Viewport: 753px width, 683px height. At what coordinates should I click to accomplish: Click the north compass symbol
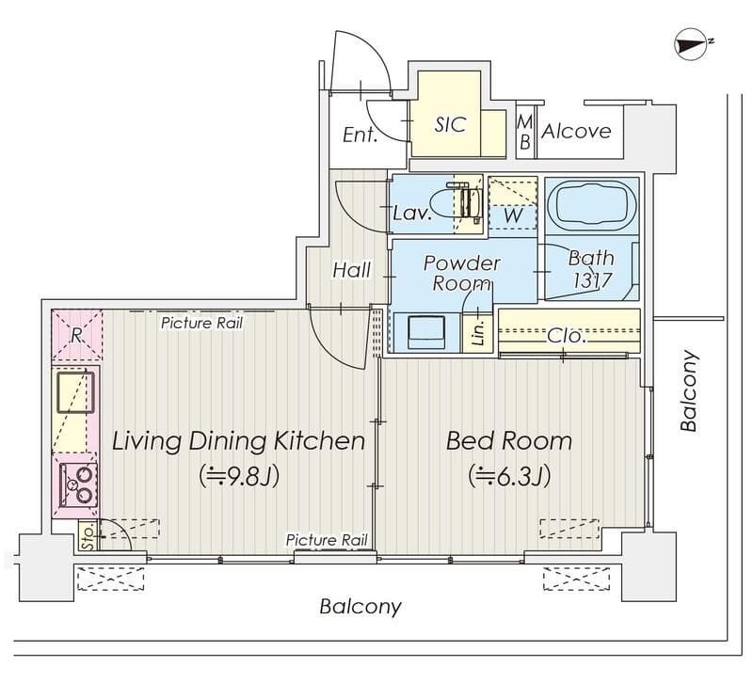pos(692,44)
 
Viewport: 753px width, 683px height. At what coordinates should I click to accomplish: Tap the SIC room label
pos(450,124)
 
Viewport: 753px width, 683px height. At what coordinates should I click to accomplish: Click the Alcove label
pos(576,131)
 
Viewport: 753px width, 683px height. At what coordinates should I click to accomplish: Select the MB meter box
pos(525,132)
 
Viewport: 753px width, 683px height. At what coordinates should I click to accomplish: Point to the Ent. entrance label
pos(360,135)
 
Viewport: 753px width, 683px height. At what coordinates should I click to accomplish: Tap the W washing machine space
pos(512,203)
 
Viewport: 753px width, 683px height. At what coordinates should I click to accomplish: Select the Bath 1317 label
pos(592,269)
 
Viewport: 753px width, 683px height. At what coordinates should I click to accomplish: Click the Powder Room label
pos(461,273)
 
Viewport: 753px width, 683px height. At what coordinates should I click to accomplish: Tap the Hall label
pos(351,270)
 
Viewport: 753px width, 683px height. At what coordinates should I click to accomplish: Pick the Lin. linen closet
pos(478,332)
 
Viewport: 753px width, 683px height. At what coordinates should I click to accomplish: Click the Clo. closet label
pos(567,336)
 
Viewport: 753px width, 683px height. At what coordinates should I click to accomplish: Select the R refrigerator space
pos(77,335)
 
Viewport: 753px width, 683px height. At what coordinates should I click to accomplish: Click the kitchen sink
pos(75,392)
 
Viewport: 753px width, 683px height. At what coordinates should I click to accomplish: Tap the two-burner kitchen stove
pos(78,484)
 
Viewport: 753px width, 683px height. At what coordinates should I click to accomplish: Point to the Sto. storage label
pos(88,535)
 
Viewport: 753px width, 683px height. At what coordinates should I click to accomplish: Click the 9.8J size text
pos(239,476)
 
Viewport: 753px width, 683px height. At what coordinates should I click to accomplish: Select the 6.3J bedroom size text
pos(509,476)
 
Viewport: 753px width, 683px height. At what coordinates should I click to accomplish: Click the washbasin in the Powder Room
pos(426,332)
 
